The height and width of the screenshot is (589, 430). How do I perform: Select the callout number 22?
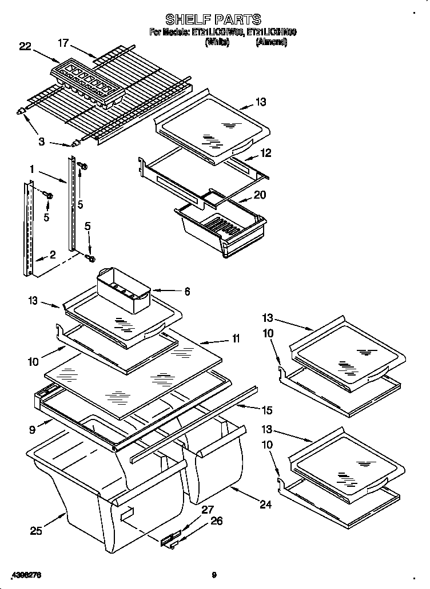pyautogui.click(x=25, y=47)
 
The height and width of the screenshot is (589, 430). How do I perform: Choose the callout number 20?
pyautogui.click(x=260, y=195)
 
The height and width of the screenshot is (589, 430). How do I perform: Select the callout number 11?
pyautogui.click(x=235, y=339)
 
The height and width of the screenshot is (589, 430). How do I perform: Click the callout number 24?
pyautogui.click(x=265, y=504)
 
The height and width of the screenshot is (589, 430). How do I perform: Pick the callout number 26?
pyautogui.click(x=216, y=521)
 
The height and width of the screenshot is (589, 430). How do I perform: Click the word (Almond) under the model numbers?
pyautogui.click(x=270, y=42)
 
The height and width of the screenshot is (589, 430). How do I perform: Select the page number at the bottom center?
pyautogui.click(x=213, y=575)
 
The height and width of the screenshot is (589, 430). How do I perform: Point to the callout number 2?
pyautogui.click(x=52, y=255)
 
